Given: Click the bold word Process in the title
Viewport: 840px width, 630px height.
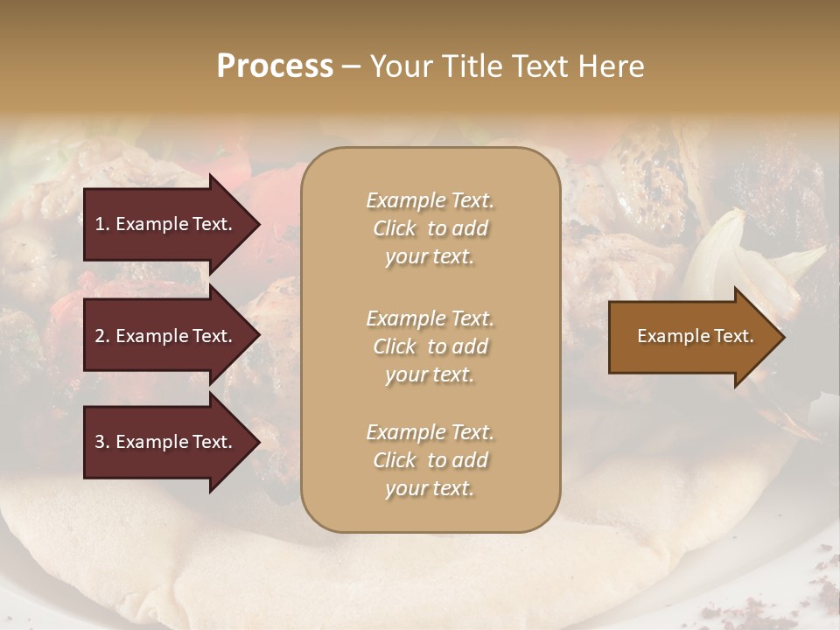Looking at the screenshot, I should [275, 66].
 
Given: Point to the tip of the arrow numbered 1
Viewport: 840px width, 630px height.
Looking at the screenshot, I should [258, 224].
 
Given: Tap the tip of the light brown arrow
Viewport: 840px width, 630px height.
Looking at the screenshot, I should [783, 337].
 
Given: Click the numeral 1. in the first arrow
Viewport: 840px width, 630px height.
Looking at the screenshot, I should [102, 224].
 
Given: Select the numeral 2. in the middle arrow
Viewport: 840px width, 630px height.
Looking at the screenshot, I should [102, 336].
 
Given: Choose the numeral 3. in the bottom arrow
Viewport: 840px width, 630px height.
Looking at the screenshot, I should [102, 442].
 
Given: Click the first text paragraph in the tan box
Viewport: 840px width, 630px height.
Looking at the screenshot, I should [430, 228].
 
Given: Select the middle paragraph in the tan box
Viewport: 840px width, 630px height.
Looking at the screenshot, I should [430, 346].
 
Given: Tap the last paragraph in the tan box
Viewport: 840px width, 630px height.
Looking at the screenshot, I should [430, 460].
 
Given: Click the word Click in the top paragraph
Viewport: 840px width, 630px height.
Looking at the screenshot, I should [395, 229].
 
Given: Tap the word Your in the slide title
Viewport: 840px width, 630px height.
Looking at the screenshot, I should [402, 66].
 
